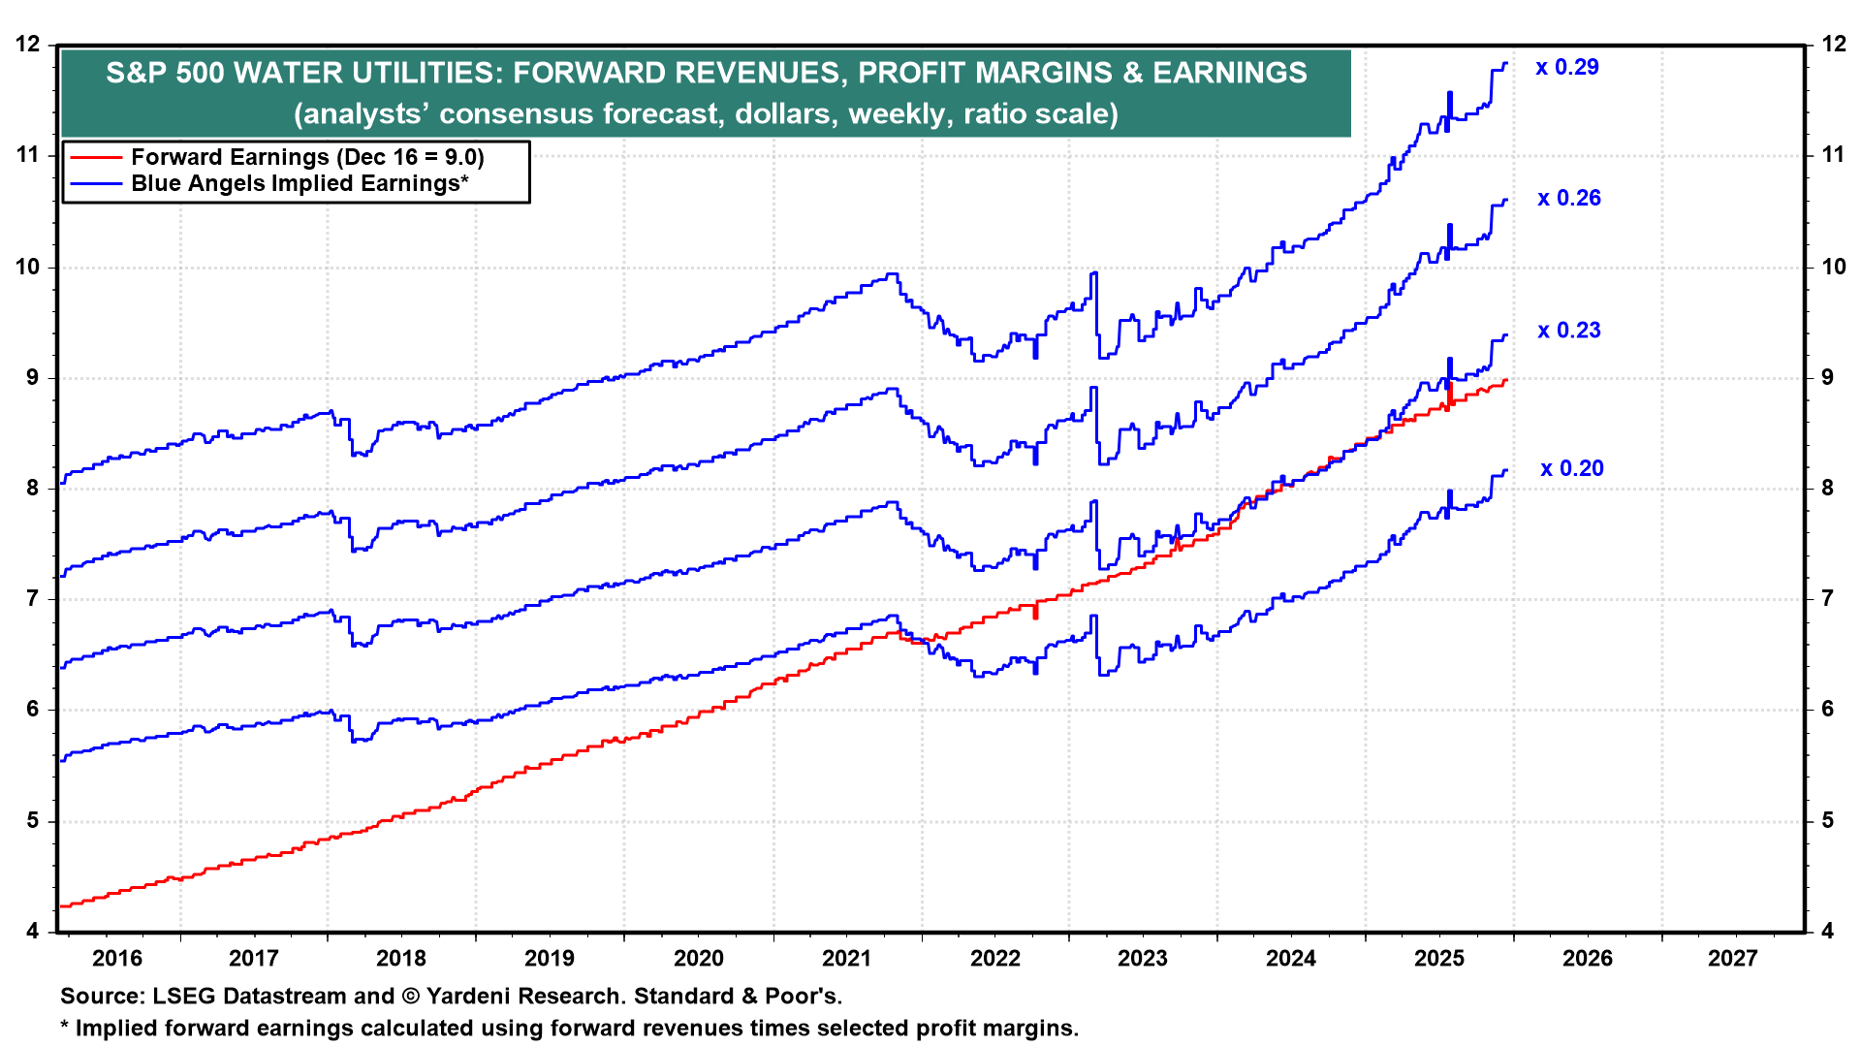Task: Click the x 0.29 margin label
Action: (1567, 68)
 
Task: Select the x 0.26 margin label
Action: (1569, 199)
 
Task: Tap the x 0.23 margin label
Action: (1569, 331)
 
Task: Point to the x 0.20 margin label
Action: (1572, 469)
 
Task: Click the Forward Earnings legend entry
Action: (306, 157)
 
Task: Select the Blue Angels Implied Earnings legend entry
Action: (300, 183)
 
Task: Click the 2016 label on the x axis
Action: (116, 959)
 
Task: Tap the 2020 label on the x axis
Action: (698, 959)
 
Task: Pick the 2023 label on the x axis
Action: (1143, 959)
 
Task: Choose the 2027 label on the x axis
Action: (1732, 959)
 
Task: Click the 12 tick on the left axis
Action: (29, 45)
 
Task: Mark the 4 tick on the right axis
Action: (1827, 932)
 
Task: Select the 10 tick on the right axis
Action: (1833, 268)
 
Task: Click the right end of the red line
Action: (1505, 380)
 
